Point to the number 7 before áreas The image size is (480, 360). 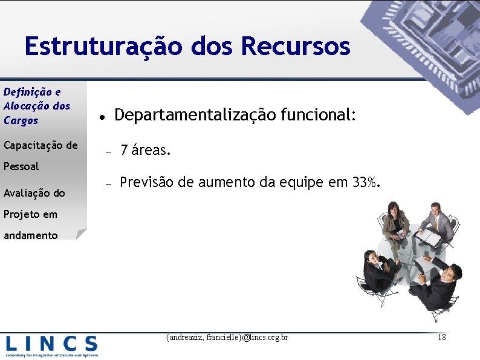tap(124, 150)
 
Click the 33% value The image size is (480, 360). tap(366, 182)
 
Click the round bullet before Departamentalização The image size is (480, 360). tap(103, 116)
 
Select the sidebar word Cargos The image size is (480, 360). tap(21, 120)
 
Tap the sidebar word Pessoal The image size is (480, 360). tap(21, 166)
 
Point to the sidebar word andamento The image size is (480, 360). tap(31, 235)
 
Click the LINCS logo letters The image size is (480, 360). tap(51, 344)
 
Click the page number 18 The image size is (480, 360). tap(441, 337)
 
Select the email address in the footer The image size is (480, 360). tap(227, 337)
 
